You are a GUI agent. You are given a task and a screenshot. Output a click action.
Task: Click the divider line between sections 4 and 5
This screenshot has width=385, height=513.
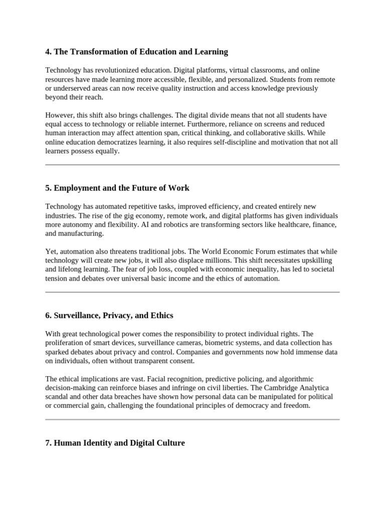coord(192,164)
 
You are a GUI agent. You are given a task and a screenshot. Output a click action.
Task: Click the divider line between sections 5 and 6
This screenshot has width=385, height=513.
coord(192,292)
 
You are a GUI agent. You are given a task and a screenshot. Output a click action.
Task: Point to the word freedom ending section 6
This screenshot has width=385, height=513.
coord(297,406)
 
